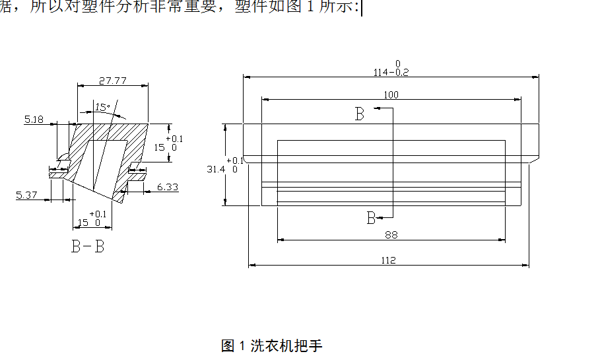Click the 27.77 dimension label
[x=113, y=81]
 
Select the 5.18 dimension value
[x=33, y=120]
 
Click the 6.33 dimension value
[x=168, y=188]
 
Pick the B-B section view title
[x=88, y=247]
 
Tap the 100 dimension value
[x=391, y=95]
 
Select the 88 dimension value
[x=391, y=234]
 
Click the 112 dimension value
[x=388, y=260]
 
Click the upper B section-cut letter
[x=359, y=114]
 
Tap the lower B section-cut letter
[x=371, y=218]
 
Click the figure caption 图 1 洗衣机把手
[x=271, y=345]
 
